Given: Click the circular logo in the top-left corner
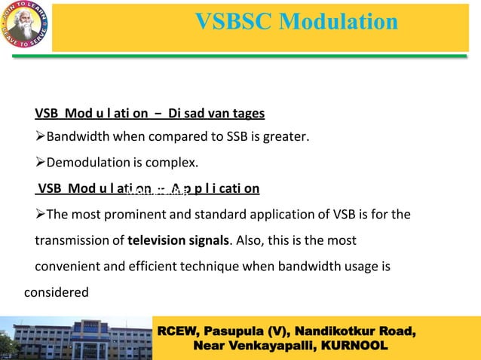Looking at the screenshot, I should (x=26, y=26).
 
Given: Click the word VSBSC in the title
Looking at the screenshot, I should (x=234, y=22).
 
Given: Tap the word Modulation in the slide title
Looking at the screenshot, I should (x=339, y=22).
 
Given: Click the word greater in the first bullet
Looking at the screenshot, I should (x=289, y=138).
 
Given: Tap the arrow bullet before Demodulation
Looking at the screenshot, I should (x=40, y=163).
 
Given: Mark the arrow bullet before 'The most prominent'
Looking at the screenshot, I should (x=40, y=215).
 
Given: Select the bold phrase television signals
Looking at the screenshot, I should (x=178, y=241).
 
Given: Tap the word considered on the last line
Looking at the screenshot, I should (x=57, y=292).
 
